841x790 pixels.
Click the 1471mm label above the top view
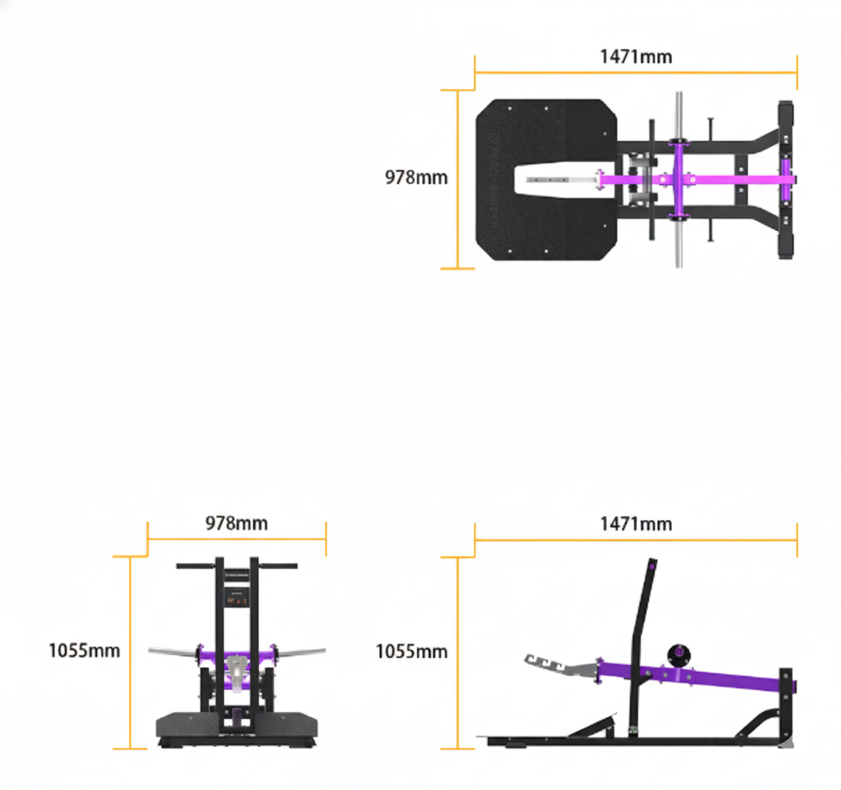click(x=636, y=57)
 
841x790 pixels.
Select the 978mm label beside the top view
click(x=416, y=178)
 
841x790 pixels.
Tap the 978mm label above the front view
click(x=237, y=523)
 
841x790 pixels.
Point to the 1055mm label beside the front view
click(x=84, y=651)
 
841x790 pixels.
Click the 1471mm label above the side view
click(x=636, y=523)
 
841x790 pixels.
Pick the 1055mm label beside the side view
click(x=412, y=651)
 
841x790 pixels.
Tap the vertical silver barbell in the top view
click(x=679, y=239)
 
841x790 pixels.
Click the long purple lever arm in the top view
click(x=717, y=179)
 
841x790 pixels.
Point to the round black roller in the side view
click(x=679, y=654)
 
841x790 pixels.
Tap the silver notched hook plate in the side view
click(x=557, y=665)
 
